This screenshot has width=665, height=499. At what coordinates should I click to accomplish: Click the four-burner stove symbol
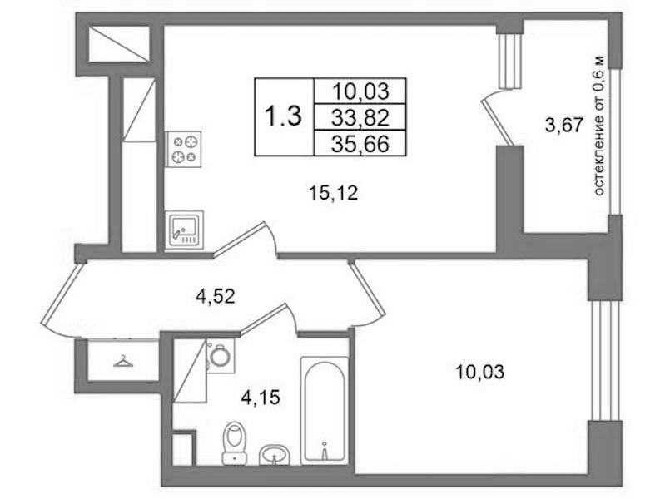183,149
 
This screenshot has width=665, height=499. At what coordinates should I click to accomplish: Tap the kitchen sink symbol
184,230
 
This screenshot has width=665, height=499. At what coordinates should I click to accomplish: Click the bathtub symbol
325,411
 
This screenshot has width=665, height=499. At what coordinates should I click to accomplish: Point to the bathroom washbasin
274,454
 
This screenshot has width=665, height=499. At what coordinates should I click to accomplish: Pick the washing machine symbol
220,355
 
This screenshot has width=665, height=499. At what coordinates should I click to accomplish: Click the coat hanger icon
123,362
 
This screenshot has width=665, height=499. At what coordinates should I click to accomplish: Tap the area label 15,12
334,194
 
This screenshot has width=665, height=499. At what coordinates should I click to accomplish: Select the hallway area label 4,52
215,296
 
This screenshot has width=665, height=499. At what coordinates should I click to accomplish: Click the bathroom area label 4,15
261,398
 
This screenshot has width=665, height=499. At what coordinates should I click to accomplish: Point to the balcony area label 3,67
563,126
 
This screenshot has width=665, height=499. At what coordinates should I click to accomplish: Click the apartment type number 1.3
283,116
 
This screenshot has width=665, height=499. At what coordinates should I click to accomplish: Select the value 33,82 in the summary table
360,117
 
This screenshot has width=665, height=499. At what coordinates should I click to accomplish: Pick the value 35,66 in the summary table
360,145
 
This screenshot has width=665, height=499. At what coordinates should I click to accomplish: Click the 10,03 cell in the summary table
360,91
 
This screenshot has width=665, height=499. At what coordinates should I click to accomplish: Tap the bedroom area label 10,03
479,373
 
